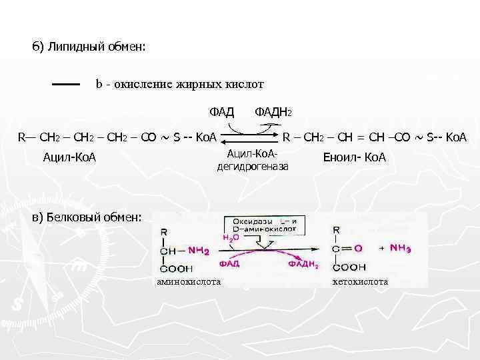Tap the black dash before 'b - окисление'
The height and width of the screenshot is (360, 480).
pos(66,85)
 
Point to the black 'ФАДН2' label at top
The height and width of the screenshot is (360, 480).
pos(273,110)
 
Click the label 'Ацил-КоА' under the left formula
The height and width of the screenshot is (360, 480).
pos(69,157)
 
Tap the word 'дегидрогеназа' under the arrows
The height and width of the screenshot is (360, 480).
pos(254,165)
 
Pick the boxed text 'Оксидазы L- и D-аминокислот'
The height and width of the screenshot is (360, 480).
pos(265,225)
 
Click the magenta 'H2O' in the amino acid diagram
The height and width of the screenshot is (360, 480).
pos(230,236)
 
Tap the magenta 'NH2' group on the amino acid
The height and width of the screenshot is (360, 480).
pos(198,251)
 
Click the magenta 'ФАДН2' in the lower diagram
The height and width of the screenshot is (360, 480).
pos(303,265)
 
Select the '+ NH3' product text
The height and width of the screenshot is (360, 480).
pos(397,247)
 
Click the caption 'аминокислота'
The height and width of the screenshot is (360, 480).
pos(189,282)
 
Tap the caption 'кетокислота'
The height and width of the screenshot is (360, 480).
pos(360,282)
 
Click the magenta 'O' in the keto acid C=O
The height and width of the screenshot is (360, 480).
pos(359,248)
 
